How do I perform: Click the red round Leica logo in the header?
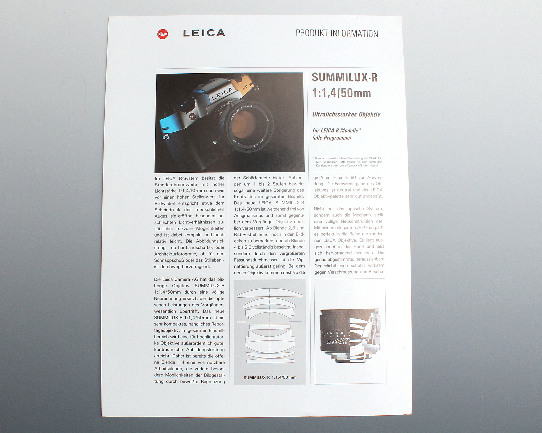coord(163,34)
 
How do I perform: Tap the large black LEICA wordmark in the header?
coord(204,33)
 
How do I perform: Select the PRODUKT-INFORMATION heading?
coord(337,34)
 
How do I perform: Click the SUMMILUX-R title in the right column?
coord(344,77)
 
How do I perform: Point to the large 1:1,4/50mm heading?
coord(341,93)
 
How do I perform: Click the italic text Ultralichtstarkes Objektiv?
coord(346,114)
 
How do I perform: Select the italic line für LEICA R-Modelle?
coord(337,130)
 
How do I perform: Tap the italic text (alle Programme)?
coord(332,138)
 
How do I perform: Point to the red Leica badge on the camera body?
coord(192,116)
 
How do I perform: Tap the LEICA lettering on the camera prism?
coord(222,94)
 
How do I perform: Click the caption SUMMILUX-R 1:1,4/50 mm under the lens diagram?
coord(270,377)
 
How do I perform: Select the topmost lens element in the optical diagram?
coord(270,294)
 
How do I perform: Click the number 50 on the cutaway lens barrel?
coord(328,342)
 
